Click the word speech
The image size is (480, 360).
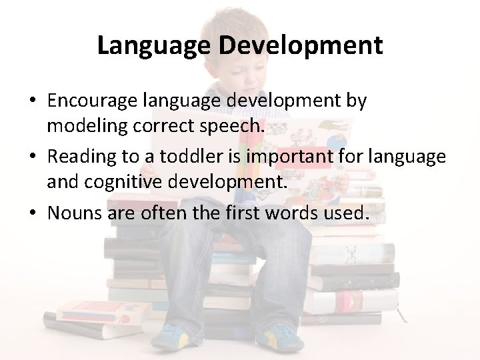tap(233, 125)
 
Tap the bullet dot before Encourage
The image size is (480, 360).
tap(32, 102)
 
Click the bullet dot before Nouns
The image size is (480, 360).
tap(32, 215)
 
